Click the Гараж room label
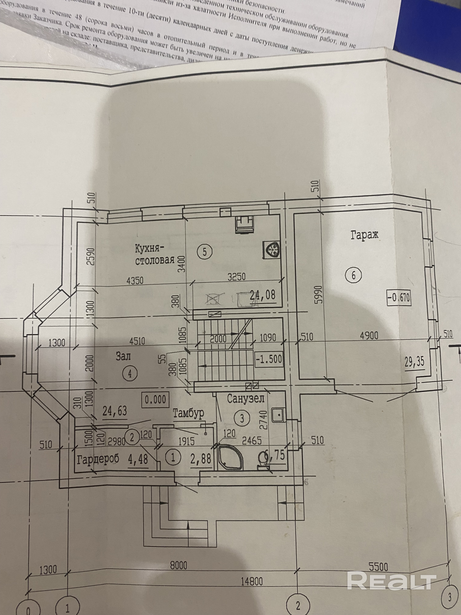click(364, 236)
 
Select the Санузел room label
click(245, 399)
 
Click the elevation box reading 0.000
click(155, 399)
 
